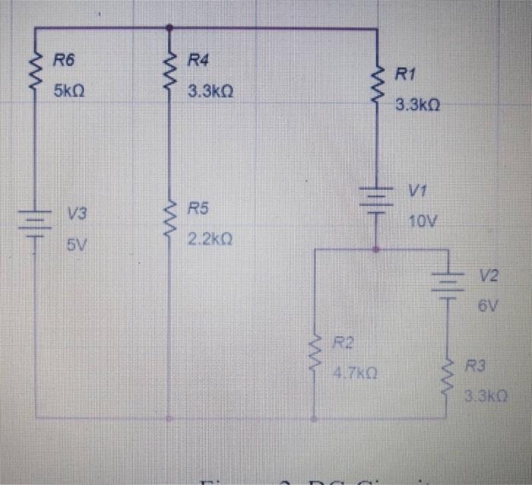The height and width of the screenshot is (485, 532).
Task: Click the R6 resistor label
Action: coord(63,59)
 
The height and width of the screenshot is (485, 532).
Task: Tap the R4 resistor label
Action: coord(198,59)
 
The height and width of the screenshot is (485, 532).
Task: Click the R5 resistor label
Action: coord(198,208)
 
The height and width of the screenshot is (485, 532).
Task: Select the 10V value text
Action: coord(423,222)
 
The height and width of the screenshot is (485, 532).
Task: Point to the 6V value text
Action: coord(488,308)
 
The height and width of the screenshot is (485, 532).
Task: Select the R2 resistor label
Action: coord(344,343)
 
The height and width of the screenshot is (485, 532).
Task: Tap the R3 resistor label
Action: coord(475,367)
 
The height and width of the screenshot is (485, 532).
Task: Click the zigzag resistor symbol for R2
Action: coord(313,354)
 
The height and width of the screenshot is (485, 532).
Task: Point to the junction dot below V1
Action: coord(376,248)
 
